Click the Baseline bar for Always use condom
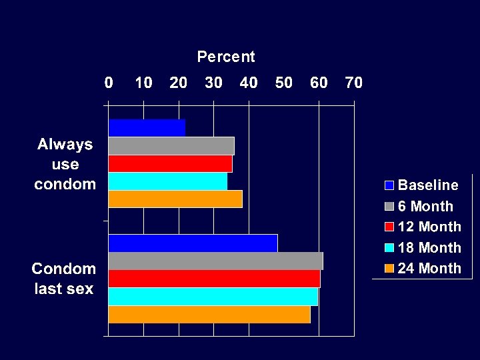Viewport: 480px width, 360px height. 147,127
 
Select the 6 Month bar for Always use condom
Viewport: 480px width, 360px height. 171,145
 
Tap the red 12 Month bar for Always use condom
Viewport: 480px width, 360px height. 170,163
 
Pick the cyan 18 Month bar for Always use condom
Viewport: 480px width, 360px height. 167,181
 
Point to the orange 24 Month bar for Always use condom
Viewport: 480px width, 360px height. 175,199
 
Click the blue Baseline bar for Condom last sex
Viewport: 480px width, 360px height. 193,243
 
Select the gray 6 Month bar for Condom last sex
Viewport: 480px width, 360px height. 215,261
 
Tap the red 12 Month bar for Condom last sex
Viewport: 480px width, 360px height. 214,279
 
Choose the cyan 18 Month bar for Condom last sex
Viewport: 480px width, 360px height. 213,297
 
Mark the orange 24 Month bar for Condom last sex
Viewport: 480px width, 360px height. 209,314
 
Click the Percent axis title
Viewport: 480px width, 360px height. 226,57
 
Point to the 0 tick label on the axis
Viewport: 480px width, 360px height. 109,83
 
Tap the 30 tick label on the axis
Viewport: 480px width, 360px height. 213,83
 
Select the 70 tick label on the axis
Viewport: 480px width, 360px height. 353,83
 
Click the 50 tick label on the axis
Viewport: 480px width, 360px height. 283,83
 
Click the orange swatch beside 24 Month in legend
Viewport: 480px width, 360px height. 389,269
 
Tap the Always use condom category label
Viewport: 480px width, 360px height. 65,164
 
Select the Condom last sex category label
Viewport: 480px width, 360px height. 64,279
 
